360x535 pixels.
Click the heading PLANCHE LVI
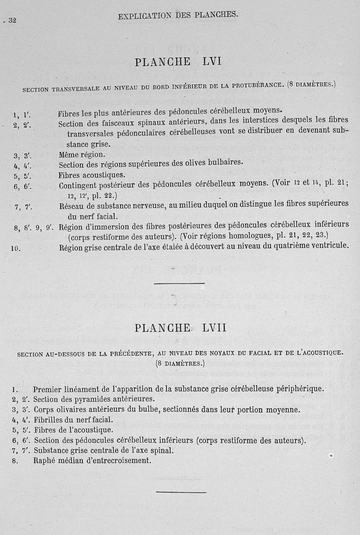pos(178,63)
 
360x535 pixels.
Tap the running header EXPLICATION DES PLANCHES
pos(178,15)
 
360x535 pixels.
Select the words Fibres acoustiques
pos(92,175)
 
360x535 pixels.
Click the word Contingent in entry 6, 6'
pos(80,186)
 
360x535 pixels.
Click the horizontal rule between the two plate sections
pos(179,284)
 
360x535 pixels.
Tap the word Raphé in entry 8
pos(44,461)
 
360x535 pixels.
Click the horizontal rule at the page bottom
pos(181,492)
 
